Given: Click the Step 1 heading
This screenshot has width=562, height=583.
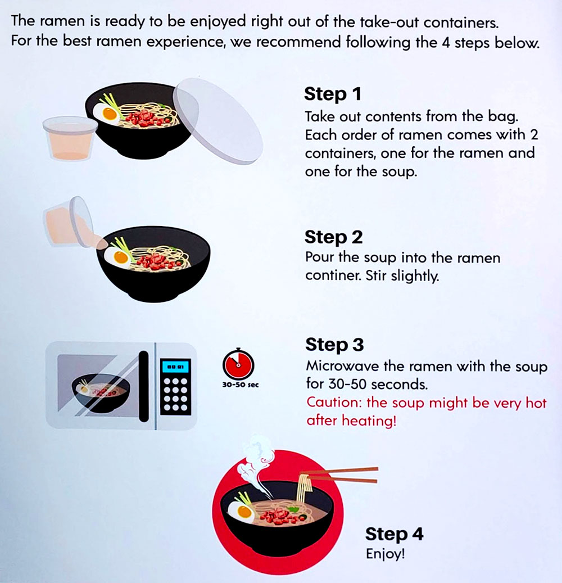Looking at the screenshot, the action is click(333, 94).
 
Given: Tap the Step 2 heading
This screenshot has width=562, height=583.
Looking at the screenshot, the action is click(333, 238).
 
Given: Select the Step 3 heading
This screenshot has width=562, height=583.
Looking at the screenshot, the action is click(334, 345).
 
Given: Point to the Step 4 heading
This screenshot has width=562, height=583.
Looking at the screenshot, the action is click(395, 534).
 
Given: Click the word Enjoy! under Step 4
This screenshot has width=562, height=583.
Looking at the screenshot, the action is click(385, 554).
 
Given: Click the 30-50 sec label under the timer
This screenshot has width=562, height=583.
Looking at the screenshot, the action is click(240, 385).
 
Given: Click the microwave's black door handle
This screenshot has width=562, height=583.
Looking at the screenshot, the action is click(143, 387).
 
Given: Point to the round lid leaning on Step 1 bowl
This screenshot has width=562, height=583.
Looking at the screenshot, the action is click(217, 121).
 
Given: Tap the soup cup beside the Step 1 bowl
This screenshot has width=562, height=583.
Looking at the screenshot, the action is click(70, 138).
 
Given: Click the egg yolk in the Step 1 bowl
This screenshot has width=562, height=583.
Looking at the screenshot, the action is click(110, 114).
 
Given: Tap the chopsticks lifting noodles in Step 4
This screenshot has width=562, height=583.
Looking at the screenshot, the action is click(339, 475).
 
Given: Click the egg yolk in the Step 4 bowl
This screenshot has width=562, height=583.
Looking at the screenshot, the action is click(244, 512).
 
